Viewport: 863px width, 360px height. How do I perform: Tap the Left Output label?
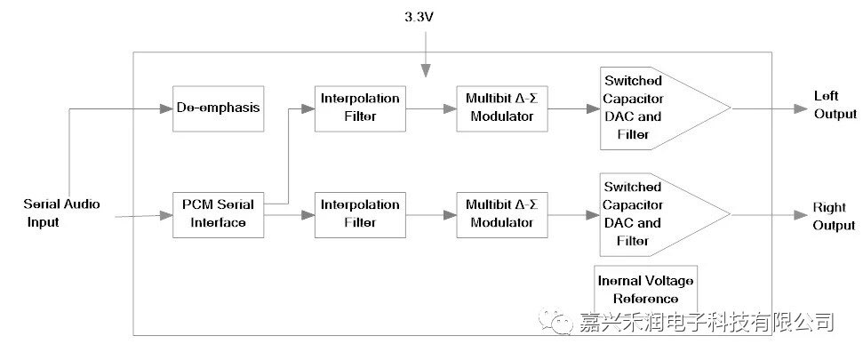[x=835, y=104]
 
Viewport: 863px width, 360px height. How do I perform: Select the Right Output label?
[x=834, y=217]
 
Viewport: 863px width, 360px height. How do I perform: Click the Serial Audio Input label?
[x=61, y=213]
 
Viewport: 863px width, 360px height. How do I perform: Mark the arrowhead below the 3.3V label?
[x=427, y=70]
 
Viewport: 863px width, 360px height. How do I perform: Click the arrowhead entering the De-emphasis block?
[x=166, y=108]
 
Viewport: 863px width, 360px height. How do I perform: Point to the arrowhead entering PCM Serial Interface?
[x=166, y=215]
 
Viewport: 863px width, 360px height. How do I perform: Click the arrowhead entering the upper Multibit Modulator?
[x=451, y=108]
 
